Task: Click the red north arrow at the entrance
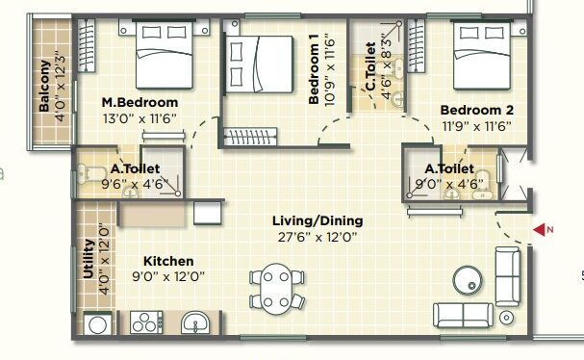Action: click(540, 229)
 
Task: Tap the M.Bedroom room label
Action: click(140, 102)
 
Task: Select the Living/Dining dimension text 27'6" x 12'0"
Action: click(317, 237)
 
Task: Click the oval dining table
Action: click(277, 289)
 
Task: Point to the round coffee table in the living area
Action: click(468, 281)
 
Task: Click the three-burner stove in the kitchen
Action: click(146, 322)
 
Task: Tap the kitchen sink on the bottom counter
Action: click(195, 322)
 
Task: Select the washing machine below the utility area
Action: click(97, 323)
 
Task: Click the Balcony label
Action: click(44, 86)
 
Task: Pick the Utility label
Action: click(89, 259)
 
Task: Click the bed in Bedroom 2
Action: click(482, 55)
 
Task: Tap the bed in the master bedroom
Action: click(165, 55)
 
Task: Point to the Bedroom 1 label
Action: click(314, 69)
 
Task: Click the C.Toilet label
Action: click(370, 66)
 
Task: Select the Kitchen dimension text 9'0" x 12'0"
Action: click(168, 276)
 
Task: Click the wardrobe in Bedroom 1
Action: click(250, 137)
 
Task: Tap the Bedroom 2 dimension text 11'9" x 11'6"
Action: click(477, 126)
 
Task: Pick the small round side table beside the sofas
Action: click(506, 318)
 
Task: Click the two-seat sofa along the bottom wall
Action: click(463, 315)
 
